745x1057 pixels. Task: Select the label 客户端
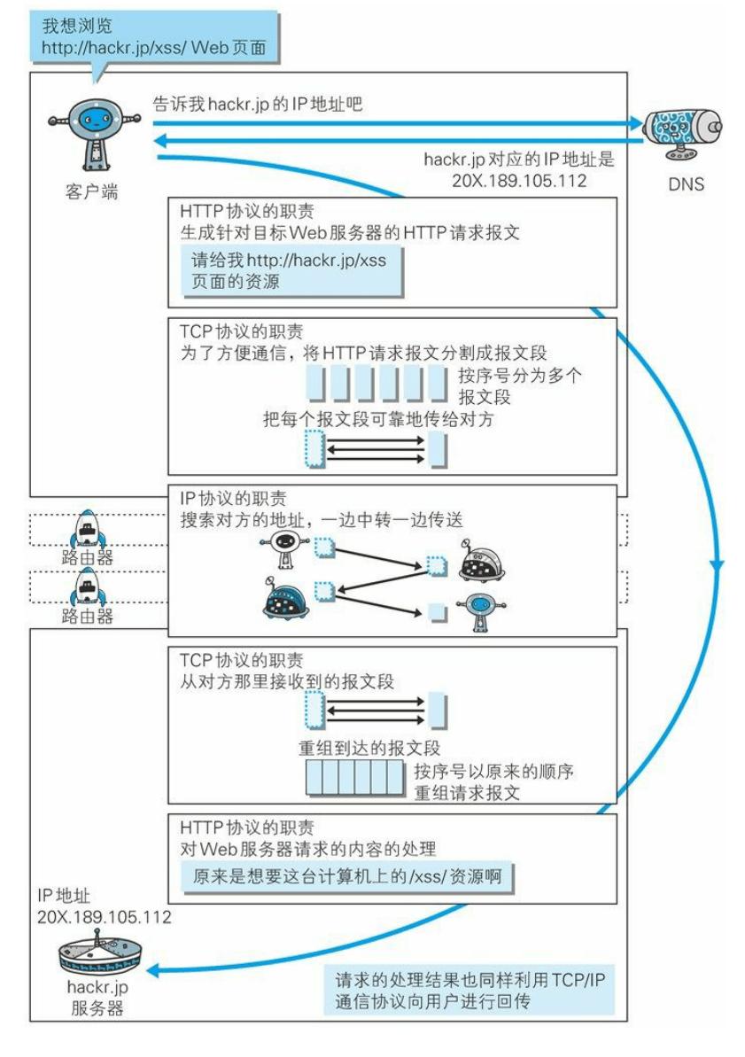pyautogui.click(x=91, y=191)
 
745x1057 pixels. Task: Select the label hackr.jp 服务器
pyautogui.click(x=97, y=996)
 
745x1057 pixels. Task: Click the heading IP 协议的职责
pyautogui.click(x=232, y=499)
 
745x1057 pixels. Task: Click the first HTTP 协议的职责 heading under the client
pyautogui.click(x=245, y=212)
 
